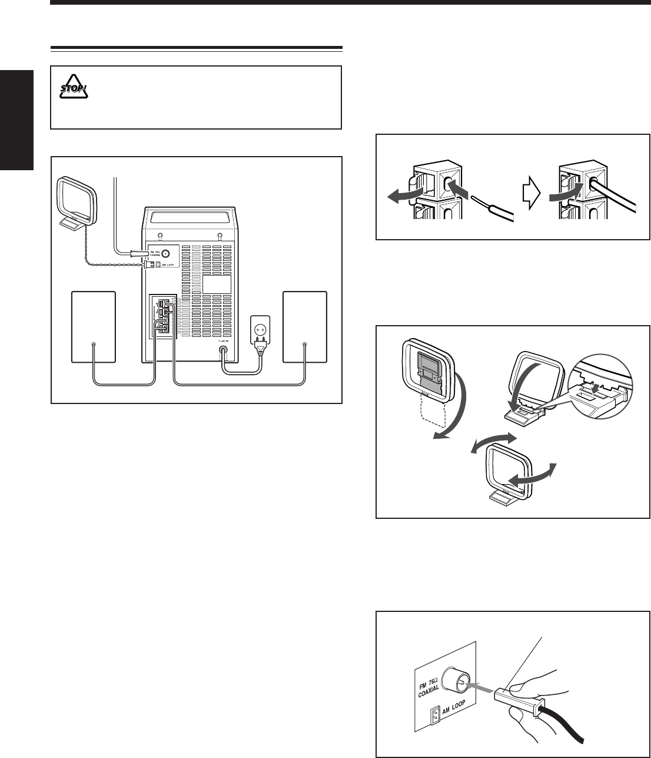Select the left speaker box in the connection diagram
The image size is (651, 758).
pos(93,326)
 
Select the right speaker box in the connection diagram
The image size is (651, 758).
pos(304,326)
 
